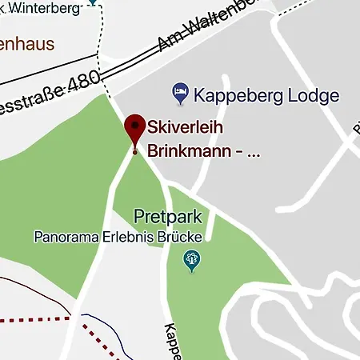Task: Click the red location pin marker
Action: tap(134, 128)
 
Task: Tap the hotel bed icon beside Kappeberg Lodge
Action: tap(181, 94)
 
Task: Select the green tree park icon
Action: tap(192, 259)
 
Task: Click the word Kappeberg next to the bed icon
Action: tap(235, 96)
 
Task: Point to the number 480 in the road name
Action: tap(82, 83)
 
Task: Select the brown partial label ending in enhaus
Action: tap(27, 42)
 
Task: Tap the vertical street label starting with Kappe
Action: tap(174, 341)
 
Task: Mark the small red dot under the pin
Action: tap(134, 151)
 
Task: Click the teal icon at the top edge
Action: tap(94, 2)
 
